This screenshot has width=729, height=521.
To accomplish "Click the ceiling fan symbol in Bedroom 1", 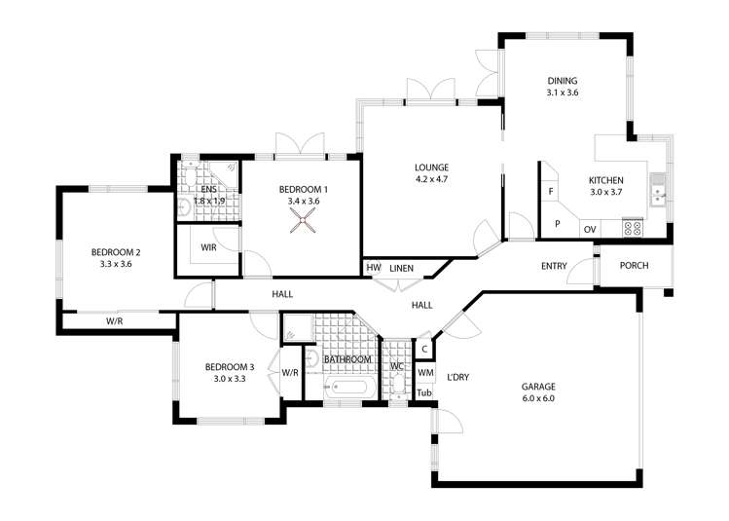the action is [x=303, y=220].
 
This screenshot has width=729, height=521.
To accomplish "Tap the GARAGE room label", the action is [x=538, y=387].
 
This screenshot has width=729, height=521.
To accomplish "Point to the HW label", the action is [x=374, y=268].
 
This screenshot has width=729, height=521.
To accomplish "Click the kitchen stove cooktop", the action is [x=633, y=228].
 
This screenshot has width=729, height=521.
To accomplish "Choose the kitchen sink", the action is [x=658, y=189].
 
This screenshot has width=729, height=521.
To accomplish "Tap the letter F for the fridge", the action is [x=551, y=191].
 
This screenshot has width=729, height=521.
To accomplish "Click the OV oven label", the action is [x=590, y=230].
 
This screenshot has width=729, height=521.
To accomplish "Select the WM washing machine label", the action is [x=425, y=373].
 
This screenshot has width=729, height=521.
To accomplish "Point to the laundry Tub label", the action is [x=424, y=393].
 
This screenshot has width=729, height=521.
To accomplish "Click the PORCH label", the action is [x=635, y=266].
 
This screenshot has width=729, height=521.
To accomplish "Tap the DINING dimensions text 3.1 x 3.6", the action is [x=563, y=93].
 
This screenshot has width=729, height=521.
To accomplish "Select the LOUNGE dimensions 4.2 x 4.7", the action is [x=432, y=179].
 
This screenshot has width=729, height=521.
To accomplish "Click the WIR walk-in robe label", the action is [x=208, y=247].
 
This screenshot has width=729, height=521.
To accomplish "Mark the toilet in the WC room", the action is [x=397, y=386].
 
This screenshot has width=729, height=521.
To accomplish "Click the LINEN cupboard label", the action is [x=401, y=269].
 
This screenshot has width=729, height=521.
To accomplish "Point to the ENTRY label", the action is [x=554, y=266].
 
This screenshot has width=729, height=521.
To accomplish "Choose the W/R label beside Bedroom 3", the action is [x=290, y=373].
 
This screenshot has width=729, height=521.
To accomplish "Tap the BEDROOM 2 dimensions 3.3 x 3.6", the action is [x=116, y=264].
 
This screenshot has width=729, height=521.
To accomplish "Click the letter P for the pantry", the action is [x=558, y=224].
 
